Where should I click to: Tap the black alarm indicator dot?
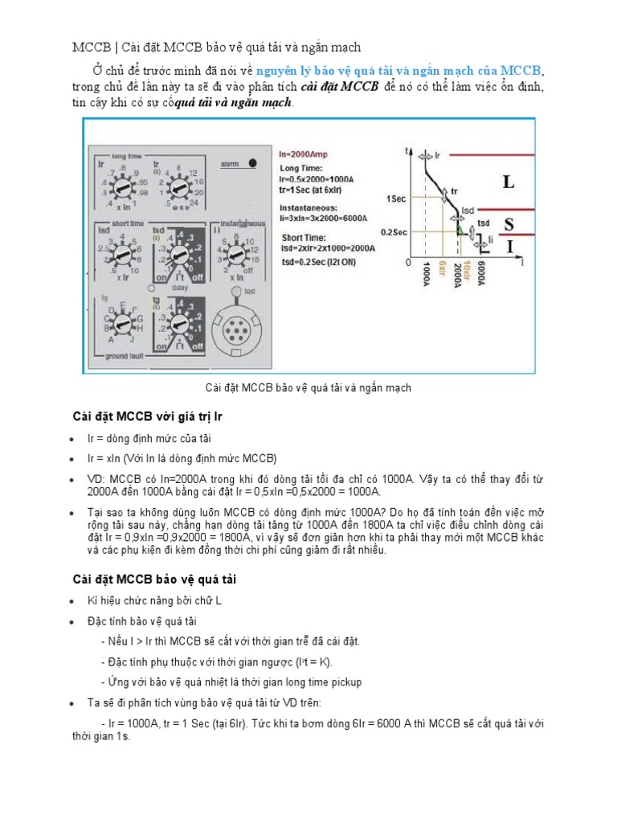[x=253, y=162]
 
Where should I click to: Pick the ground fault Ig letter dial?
[x=121, y=324]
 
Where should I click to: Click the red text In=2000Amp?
[x=308, y=152]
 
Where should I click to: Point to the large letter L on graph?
[x=509, y=182]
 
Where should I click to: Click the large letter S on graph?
[x=509, y=224]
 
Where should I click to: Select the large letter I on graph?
[x=509, y=248]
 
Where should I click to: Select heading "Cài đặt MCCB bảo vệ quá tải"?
[x=153, y=579]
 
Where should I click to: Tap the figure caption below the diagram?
[x=308, y=387]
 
